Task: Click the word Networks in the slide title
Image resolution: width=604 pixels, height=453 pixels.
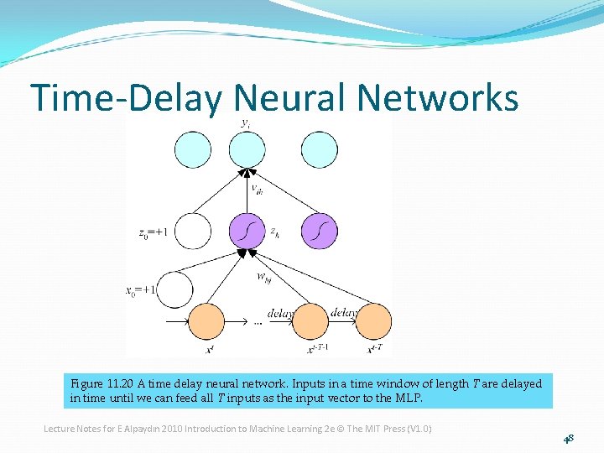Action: coord(437,98)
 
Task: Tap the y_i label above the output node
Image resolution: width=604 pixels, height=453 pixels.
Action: coord(245,123)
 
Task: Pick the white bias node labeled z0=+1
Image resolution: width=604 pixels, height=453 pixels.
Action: coord(194,232)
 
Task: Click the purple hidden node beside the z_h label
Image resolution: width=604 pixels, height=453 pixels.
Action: coord(247,232)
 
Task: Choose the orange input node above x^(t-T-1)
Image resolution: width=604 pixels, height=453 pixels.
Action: coord(310,321)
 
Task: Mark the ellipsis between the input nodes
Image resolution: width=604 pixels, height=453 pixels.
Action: coord(258,322)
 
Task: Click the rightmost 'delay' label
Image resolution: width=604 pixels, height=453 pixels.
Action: coord(345,312)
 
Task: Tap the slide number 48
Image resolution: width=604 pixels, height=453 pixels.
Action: coord(569,438)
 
